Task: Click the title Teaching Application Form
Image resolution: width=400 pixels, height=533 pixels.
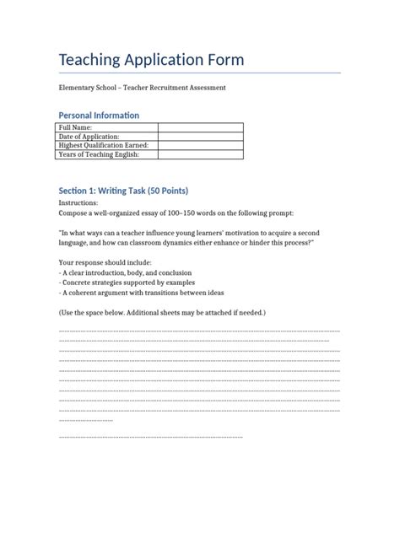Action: pyautogui.click(x=151, y=60)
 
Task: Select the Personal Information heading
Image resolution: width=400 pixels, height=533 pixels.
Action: pyautogui.click(x=99, y=115)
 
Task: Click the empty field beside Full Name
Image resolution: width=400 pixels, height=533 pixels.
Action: pyautogui.click(x=200, y=127)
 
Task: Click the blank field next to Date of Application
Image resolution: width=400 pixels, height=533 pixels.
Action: pyautogui.click(x=200, y=137)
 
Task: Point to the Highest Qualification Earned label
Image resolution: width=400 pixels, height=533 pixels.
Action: pyautogui.click(x=106, y=146)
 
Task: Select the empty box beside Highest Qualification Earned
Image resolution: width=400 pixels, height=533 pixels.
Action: pyautogui.click(x=200, y=146)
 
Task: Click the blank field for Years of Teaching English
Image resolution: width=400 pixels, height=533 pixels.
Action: pyautogui.click(x=200, y=155)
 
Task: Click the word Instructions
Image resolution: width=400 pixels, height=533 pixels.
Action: pyautogui.click(x=78, y=203)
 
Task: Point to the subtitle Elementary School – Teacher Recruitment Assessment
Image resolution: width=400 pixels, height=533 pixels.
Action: pyautogui.click(x=142, y=88)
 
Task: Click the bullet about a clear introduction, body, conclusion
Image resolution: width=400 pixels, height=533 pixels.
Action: pyautogui.click(x=125, y=273)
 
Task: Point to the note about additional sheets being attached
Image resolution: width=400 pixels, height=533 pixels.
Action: pyautogui.click(x=162, y=313)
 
